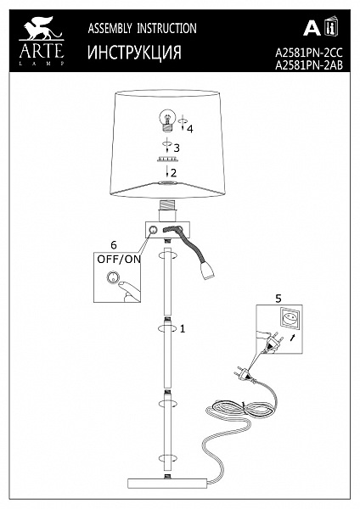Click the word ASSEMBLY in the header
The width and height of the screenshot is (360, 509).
(110, 29)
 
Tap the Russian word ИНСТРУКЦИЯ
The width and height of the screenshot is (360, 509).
(134, 53)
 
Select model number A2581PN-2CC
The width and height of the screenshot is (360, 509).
(309, 53)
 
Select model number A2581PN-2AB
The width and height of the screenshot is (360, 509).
(309, 65)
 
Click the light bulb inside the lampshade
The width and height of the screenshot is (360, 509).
(167, 120)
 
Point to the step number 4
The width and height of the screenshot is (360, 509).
(190, 129)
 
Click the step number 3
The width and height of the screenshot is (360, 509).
(177, 148)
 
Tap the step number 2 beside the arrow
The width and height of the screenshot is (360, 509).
(174, 173)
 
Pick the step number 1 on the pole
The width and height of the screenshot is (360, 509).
(183, 329)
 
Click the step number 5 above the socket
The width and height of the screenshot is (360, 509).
(278, 299)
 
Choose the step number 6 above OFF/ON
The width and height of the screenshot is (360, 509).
(114, 245)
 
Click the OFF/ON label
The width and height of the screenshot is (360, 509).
(119, 259)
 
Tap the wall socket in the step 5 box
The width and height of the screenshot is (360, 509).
(290, 320)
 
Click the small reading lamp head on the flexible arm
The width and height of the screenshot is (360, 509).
(207, 271)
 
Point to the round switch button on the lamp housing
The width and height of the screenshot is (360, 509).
(152, 230)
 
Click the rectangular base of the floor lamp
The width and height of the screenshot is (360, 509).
(167, 483)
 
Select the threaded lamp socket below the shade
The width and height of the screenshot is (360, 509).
(167, 210)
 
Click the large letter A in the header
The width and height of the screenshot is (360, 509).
(312, 28)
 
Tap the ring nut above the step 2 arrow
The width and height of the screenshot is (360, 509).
(167, 159)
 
